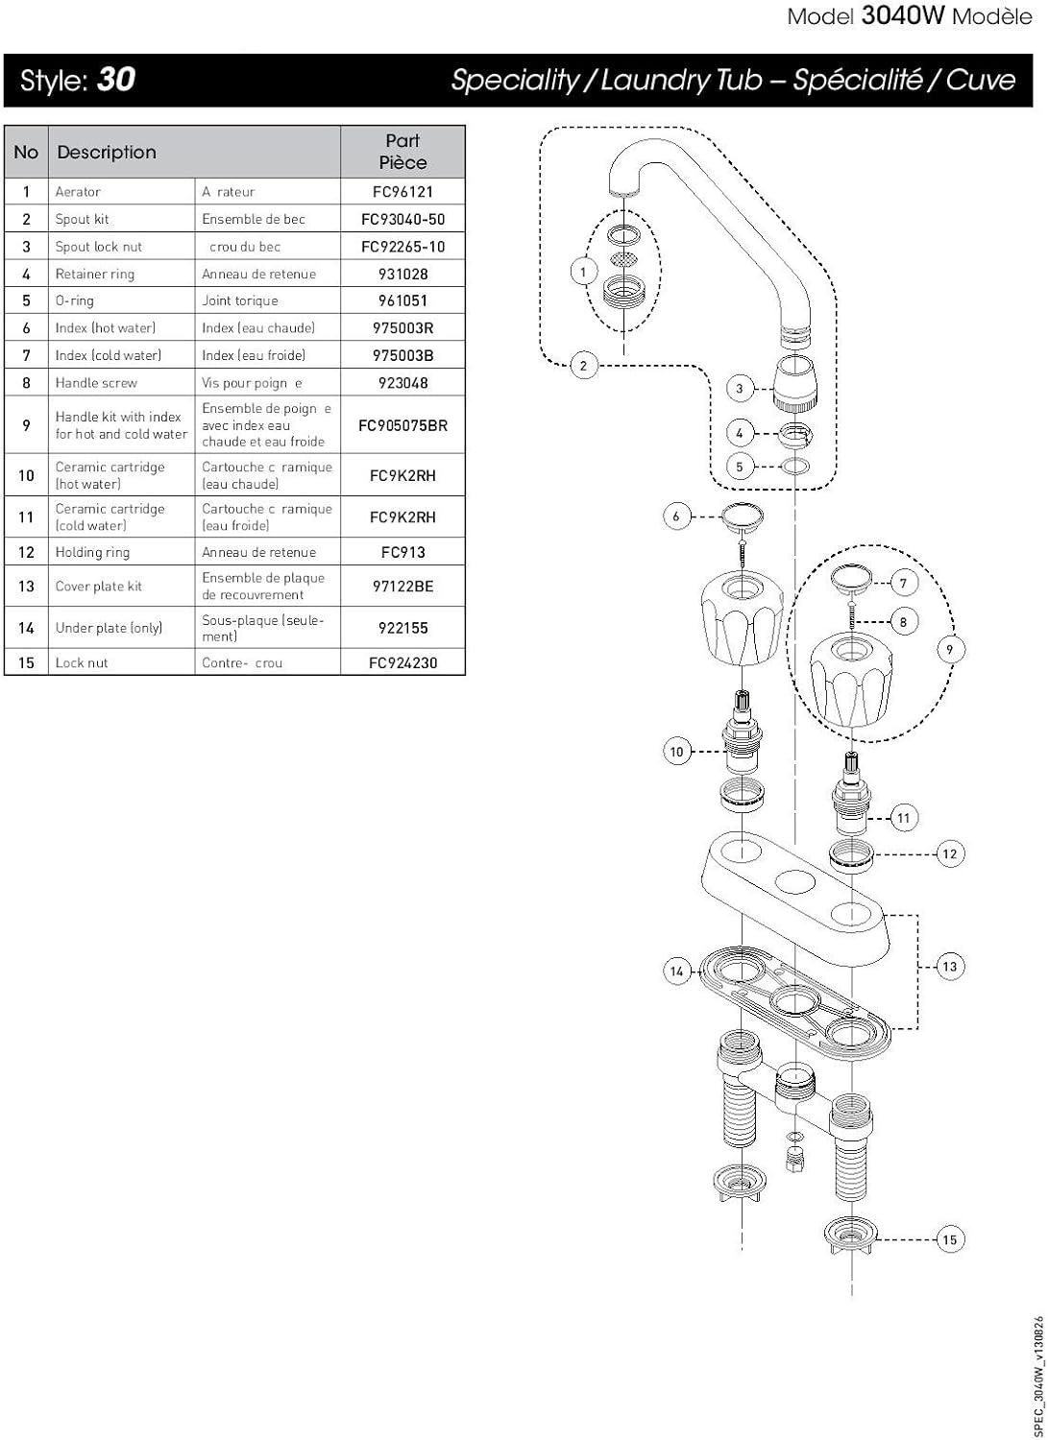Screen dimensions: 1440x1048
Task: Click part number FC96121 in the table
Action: coord(402,192)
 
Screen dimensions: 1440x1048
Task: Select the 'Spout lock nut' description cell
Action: coord(99,247)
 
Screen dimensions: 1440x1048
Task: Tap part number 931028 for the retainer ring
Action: coord(402,274)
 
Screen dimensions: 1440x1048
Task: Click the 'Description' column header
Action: coord(107,152)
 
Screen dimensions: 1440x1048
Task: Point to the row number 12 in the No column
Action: coord(26,552)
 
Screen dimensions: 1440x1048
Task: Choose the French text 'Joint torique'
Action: coord(240,300)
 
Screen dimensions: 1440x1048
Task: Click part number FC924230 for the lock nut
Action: coord(402,662)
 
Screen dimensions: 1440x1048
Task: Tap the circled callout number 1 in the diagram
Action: coord(583,272)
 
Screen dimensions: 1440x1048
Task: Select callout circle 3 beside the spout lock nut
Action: coord(739,389)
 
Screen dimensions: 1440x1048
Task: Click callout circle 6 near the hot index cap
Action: coord(676,516)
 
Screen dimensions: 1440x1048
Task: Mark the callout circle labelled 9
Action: coord(950,650)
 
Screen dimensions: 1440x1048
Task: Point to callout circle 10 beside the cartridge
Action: coord(677,752)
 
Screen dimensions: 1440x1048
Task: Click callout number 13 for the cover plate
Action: coord(950,967)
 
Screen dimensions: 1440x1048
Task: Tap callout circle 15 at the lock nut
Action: coord(950,1239)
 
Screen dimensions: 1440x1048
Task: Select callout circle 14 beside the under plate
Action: coord(677,972)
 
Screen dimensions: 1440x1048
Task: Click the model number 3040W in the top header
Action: coord(904,16)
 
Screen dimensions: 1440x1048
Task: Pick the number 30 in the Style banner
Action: coord(116,79)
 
